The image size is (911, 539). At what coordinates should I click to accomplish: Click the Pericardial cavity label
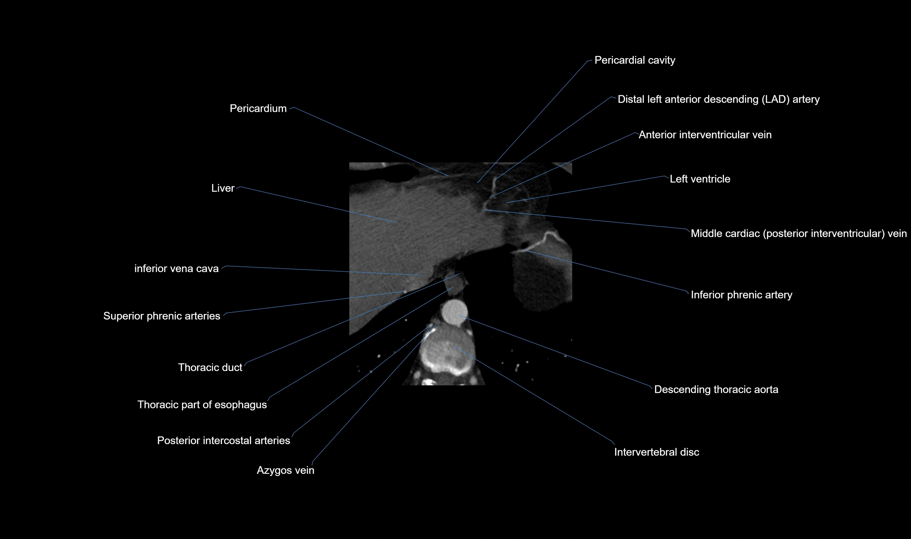(x=634, y=60)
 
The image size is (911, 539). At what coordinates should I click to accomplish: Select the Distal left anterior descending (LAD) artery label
(x=718, y=100)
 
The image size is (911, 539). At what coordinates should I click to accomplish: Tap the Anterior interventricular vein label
(x=705, y=135)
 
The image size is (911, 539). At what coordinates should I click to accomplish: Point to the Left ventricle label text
(x=700, y=179)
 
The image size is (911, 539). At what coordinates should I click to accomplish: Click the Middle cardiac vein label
(x=798, y=234)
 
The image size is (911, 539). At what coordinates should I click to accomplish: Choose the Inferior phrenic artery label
(x=741, y=295)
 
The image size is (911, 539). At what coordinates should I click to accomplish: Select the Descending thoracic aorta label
(x=716, y=390)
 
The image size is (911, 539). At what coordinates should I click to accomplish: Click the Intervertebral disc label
(x=656, y=452)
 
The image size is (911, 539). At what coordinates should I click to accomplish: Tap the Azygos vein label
(x=285, y=470)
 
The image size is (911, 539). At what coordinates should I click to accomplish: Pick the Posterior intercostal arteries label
(x=223, y=441)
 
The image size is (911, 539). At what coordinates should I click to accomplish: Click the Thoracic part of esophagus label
(x=202, y=405)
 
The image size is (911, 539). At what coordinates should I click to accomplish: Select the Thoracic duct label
(x=210, y=368)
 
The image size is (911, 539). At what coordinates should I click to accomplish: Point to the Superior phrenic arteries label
(x=162, y=316)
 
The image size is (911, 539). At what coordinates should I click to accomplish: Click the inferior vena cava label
(x=177, y=269)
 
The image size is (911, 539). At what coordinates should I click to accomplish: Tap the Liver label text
(x=223, y=188)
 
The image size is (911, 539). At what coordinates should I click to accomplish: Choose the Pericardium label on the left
(x=258, y=109)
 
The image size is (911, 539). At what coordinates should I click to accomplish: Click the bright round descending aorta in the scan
(x=454, y=311)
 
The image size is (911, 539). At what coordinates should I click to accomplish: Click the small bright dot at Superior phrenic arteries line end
(x=405, y=292)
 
